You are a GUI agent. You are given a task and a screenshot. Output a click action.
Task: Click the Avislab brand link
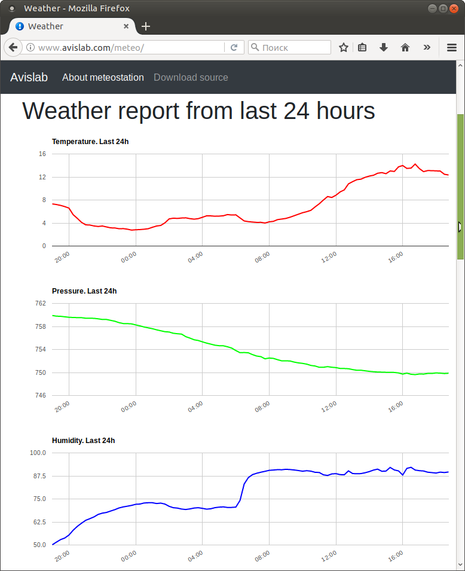coord(29,77)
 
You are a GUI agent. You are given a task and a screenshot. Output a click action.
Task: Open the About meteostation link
coord(103,77)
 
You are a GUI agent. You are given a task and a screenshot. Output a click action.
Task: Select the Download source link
coord(191,77)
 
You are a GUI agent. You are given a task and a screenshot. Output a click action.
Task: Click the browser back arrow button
coord(13,47)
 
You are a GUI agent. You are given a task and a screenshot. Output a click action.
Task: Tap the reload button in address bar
coord(234,47)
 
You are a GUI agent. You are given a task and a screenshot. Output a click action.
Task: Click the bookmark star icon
coord(344,47)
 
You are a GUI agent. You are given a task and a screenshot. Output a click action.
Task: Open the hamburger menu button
coord(452,47)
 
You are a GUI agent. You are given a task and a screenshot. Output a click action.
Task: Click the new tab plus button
coord(146,26)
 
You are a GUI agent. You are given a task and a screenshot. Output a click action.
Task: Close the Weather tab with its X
coord(126,26)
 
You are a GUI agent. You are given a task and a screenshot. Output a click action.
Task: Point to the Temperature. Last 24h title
coord(90,142)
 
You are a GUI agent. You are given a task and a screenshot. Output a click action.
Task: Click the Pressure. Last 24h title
coord(84,291)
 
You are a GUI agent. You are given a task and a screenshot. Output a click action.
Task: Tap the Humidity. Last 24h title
coord(83,441)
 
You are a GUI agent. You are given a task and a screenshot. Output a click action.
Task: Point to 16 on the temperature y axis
coord(42,154)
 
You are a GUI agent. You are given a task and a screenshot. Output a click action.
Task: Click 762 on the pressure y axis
coord(41,304)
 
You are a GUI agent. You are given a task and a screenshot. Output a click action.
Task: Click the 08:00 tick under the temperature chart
coord(262,257)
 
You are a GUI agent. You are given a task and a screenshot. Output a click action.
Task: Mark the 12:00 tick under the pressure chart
coord(329,407)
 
